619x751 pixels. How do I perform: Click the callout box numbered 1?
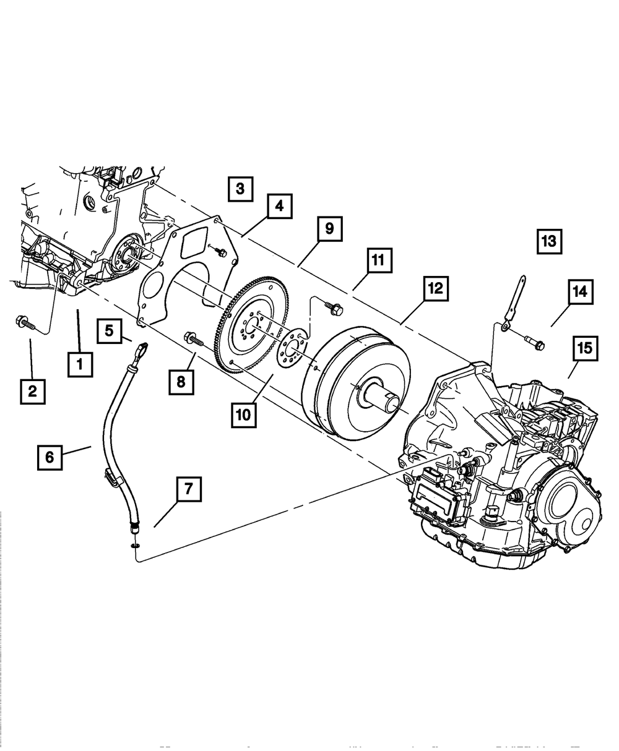(x=80, y=364)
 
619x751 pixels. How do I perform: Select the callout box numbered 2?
(x=32, y=391)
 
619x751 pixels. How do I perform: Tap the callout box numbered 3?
(x=240, y=189)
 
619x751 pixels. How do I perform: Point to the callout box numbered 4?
(x=280, y=206)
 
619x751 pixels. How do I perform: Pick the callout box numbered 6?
(x=50, y=457)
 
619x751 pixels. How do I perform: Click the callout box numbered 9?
(x=329, y=228)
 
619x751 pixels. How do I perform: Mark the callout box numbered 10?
(x=243, y=414)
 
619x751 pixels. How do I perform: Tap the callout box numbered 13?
(x=548, y=241)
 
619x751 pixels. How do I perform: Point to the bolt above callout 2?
(x=23, y=322)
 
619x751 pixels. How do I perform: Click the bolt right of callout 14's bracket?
(x=533, y=340)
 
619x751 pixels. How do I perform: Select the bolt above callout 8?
(x=193, y=338)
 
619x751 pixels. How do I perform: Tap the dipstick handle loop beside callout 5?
(x=142, y=349)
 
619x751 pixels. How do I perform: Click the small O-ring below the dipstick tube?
(x=135, y=546)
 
